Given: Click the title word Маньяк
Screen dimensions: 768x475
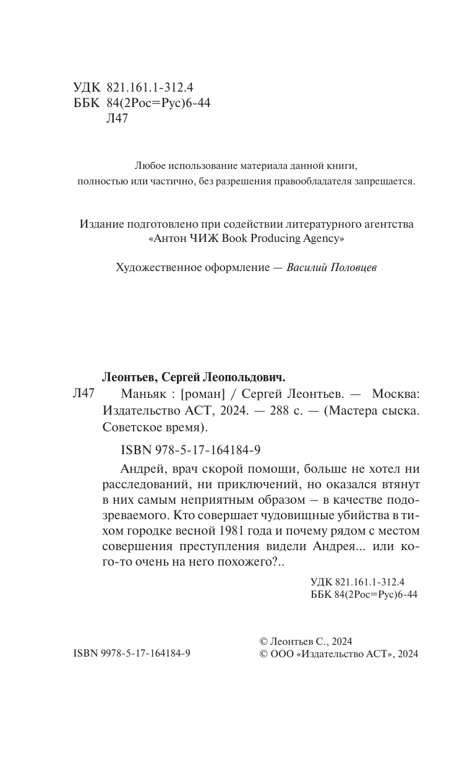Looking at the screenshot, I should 139,394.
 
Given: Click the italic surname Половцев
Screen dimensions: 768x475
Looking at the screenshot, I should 350,268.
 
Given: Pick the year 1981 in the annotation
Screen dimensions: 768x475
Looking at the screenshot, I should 233,530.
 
